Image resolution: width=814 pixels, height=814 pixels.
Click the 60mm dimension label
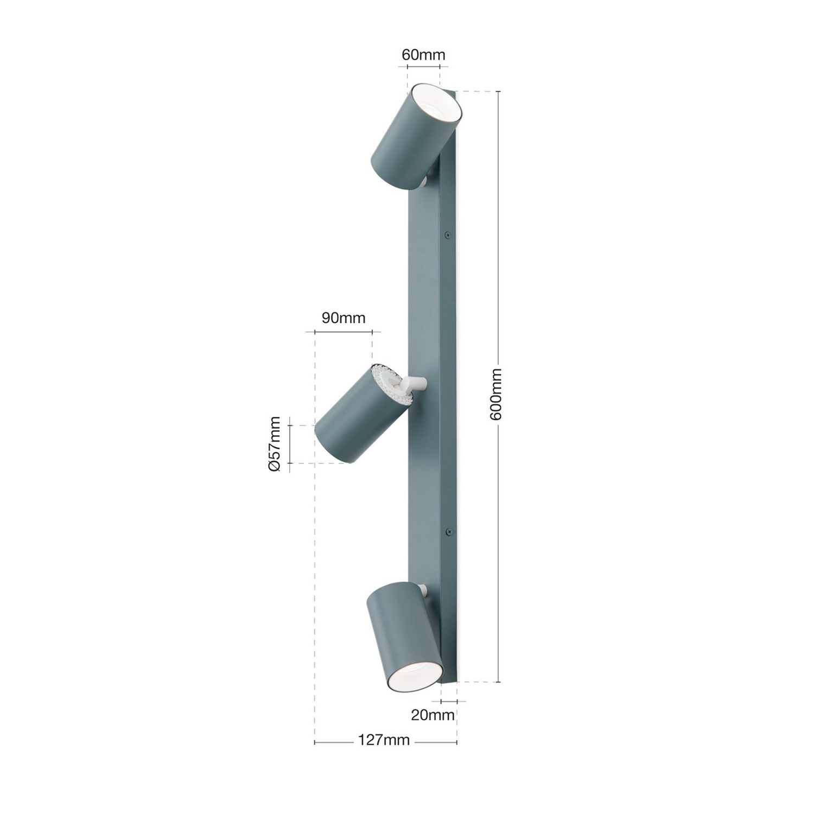pos(423,55)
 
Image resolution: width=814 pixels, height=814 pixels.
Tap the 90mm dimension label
pos(343,317)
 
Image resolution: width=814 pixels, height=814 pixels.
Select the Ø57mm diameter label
pos(275,443)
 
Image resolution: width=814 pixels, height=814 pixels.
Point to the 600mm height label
pos(495,393)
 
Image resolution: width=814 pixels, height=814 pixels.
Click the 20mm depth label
pos(432,715)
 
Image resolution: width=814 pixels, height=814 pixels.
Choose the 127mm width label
pos(384,740)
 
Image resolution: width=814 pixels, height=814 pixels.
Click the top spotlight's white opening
pos(436,106)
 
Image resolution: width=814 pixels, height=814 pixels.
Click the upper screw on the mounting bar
pos(448,235)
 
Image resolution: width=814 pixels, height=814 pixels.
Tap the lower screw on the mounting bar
pos(448,532)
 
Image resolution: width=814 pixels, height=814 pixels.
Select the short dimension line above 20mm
pos(449,702)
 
